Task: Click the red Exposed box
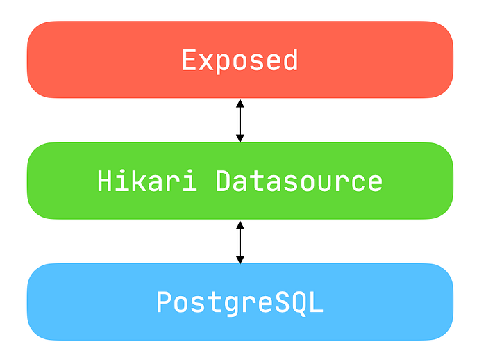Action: (x=240, y=60)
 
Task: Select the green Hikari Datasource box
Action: (x=240, y=181)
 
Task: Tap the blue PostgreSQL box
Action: (x=240, y=302)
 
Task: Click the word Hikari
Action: (x=147, y=181)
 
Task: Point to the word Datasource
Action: (x=299, y=181)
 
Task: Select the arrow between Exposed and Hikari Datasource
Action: (x=240, y=120)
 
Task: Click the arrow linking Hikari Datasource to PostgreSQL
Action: (x=240, y=242)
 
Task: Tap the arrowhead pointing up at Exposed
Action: (x=240, y=104)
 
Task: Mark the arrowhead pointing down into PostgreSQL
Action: (x=240, y=260)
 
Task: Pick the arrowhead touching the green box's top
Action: (x=240, y=138)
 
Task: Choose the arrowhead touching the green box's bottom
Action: (x=240, y=224)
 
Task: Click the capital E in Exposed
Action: (x=189, y=60)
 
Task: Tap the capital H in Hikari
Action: (x=105, y=181)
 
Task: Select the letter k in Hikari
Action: (x=147, y=180)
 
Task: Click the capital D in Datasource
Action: (x=223, y=181)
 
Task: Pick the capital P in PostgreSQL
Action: (x=165, y=302)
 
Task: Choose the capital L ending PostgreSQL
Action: (x=315, y=302)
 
